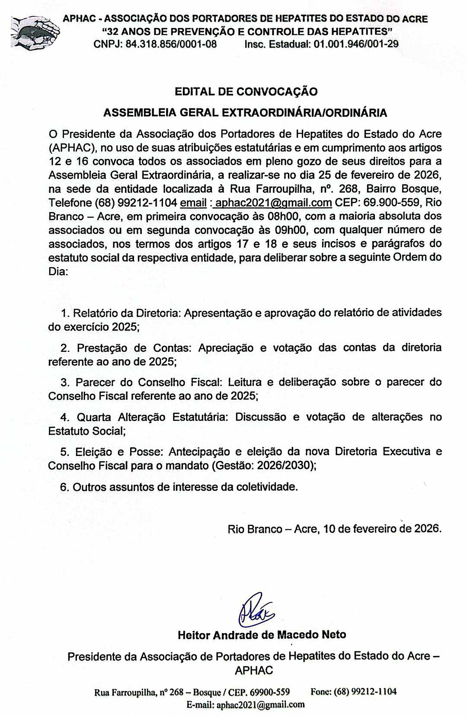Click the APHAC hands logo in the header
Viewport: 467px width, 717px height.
35,32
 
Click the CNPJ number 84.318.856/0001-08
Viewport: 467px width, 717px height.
171,44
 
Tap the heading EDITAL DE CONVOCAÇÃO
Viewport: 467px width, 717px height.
246,92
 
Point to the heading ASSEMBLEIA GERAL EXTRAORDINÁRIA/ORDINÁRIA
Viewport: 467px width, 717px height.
245,113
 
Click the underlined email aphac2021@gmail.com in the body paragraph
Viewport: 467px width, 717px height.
273,203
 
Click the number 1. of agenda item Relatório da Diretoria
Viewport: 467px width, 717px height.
65,313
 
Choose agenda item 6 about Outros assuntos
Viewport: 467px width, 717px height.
179,487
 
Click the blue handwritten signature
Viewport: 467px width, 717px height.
256,609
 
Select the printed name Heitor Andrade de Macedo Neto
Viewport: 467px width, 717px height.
262,635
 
